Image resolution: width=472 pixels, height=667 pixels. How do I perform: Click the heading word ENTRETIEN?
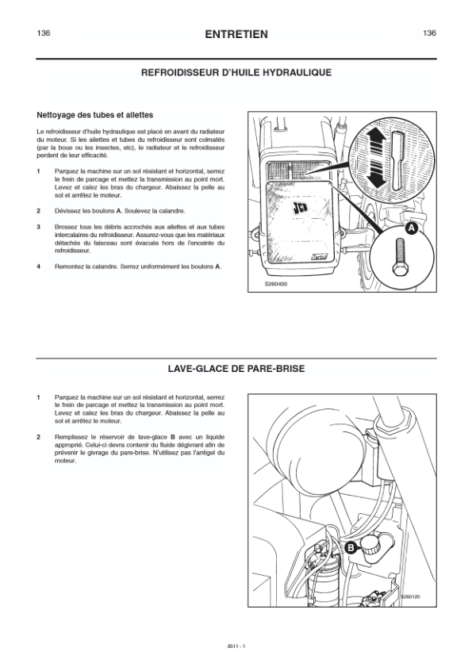coord(236,34)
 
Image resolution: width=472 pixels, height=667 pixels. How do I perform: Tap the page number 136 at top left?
coord(44,33)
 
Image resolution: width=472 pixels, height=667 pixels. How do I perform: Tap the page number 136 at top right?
coord(429,33)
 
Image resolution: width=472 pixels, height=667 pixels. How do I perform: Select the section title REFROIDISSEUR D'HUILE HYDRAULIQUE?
coord(236,72)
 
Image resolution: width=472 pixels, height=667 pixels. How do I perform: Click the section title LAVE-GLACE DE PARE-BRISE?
coord(236,368)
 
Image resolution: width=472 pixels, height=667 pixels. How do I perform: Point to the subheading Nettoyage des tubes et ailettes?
coord(95,115)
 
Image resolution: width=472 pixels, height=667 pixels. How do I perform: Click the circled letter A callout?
coord(411,228)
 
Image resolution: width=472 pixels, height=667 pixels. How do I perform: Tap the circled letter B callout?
coord(351,547)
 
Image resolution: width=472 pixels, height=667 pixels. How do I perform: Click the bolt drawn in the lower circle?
coord(399,257)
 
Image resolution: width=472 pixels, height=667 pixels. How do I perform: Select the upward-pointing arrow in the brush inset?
coord(376,142)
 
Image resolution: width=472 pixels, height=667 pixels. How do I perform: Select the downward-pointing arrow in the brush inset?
coord(376,174)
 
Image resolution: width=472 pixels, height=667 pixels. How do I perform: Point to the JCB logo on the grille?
coord(300,209)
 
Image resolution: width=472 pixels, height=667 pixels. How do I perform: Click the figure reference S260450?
coord(276,284)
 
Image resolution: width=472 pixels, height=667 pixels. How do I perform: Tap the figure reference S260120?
coord(410,597)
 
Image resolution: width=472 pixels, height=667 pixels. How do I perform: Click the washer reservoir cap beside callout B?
coord(371,545)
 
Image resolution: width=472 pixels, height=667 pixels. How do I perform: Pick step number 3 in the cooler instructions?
coord(38,227)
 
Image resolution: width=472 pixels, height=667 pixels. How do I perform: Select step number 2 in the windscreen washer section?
coord(38,437)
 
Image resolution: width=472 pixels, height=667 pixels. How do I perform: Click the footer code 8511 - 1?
coord(236,646)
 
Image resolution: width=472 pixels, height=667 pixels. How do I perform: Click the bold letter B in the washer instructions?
coord(172,437)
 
